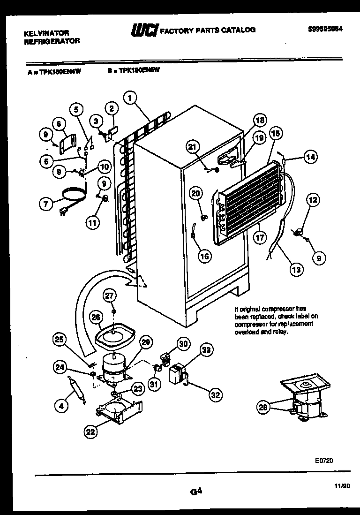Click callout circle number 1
(x=130, y=98)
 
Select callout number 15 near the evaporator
(x=276, y=134)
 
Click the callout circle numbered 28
(x=264, y=408)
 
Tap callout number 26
(x=96, y=318)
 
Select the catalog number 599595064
(x=325, y=28)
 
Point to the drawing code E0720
(x=323, y=461)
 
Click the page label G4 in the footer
(x=196, y=492)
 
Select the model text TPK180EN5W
(x=140, y=71)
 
